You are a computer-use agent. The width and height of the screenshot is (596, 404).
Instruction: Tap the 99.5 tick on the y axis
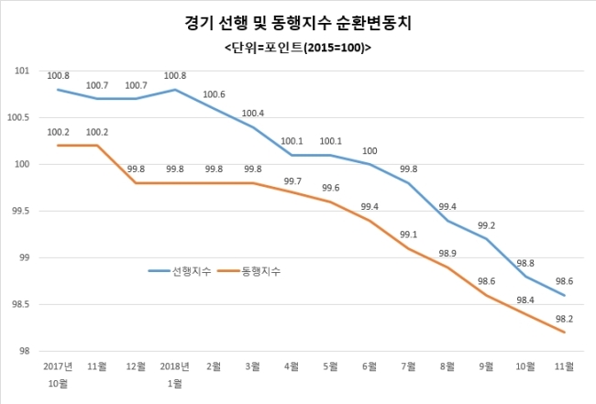[x=20, y=211]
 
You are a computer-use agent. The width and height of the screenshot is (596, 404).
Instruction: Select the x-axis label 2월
[x=214, y=366]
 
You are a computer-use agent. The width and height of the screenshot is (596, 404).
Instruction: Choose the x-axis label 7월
[x=408, y=366]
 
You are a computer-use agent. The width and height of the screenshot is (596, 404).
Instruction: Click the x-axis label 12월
[x=136, y=366]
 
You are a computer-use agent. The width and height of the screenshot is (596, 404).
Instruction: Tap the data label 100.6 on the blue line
[x=215, y=94]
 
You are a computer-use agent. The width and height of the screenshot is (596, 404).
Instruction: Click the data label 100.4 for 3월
[x=253, y=114]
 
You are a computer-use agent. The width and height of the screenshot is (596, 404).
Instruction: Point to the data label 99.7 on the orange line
[x=292, y=181]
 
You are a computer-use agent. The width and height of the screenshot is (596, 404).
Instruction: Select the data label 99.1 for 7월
[x=409, y=235]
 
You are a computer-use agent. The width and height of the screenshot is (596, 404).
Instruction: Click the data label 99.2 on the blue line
[x=486, y=225]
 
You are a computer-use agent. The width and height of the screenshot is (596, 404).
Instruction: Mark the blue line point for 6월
[x=370, y=164]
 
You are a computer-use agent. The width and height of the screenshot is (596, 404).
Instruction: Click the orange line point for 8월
[x=447, y=267]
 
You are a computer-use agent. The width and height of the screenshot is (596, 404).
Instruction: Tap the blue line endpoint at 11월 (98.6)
[x=564, y=295]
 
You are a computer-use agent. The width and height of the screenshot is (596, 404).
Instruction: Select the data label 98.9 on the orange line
[x=447, y=253]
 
